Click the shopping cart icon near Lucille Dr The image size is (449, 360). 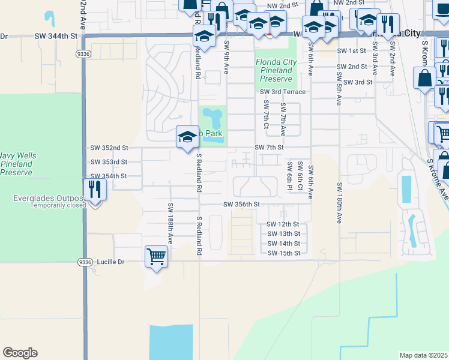(x=156, y=256)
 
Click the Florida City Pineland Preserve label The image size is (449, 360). (x=276, y=70)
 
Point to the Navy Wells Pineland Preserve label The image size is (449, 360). (x=18, y=164)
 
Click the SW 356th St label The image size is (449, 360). (x=242, y=204)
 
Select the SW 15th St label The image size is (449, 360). (x=283, y=253)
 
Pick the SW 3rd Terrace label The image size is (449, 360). (x=283, y=92)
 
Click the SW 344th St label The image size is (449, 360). (x=57, y=37)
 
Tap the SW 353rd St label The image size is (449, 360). (x=109, y=162)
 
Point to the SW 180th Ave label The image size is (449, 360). (x=339, y=203)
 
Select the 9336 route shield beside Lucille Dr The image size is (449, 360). (x=85, y=262)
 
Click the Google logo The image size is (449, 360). (x=20, y=353)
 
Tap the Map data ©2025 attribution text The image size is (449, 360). (x=424, y=355)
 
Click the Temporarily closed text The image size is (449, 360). (x=56, y=205)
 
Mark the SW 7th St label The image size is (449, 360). (x=268, y=148)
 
